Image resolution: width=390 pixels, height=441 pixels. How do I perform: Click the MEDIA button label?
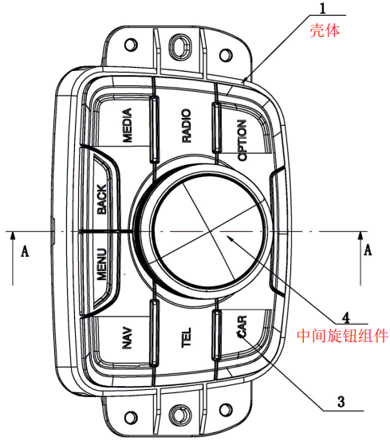[127, 125]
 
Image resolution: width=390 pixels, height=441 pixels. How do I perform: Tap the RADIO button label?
[186, 125]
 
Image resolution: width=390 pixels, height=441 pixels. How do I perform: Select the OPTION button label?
[242, 140]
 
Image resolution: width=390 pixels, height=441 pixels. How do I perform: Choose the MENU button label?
[102, 264]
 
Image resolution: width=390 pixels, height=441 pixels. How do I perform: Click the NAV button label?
[127, 337]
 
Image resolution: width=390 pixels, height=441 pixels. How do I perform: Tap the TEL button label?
[186, 337]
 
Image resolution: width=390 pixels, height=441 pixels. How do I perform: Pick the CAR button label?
[242, 326]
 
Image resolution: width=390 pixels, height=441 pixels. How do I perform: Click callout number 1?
[323, 8]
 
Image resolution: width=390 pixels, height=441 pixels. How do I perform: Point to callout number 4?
[346, 317]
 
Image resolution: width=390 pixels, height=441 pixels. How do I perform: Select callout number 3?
[341, 402]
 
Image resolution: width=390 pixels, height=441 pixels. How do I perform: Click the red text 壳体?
[325, 30]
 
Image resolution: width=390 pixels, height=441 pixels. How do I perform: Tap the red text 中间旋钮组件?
[342, 336]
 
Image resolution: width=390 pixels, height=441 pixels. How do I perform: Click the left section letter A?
[25, 251]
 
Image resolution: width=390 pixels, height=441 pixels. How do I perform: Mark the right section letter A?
[368, 250]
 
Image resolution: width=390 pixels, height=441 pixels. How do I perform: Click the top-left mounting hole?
[131, 45]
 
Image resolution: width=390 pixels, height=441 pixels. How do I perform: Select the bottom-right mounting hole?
[226, 411]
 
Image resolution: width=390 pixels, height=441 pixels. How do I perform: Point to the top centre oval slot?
[179, 45]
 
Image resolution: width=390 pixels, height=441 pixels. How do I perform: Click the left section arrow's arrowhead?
[13, 235]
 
